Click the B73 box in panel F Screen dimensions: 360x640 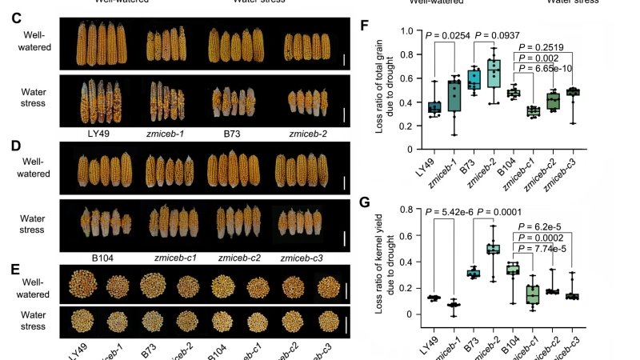tap(473, 79)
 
